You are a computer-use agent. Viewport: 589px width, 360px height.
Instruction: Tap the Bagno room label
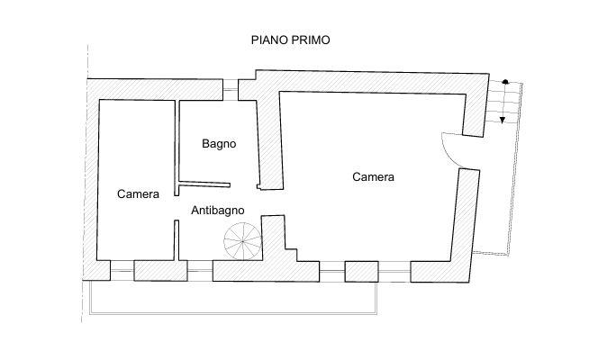tap(219, 144)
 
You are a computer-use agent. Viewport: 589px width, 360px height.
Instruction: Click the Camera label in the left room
tap(139, 194)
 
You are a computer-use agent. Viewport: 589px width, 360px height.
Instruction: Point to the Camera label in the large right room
tap(373, 176)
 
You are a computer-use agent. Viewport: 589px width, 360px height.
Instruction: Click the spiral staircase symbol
tap(241, 241)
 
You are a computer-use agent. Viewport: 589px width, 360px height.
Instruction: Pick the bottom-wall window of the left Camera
tap(120, 268)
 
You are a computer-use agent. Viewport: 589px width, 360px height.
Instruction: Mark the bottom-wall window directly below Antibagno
tap(196, 268)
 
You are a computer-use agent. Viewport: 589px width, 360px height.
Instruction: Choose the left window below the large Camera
tap(331, 268)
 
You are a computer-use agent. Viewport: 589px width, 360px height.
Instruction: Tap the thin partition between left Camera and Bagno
tap(175, 144)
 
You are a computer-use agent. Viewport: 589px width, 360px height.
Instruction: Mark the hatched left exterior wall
tap(92, 180)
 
